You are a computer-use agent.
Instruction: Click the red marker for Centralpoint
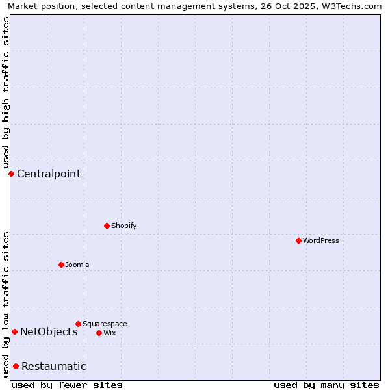click(x=11, y=174)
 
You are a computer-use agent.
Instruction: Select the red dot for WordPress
click(x=298, y=240)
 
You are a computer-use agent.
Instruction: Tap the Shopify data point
click(x=107, y=226)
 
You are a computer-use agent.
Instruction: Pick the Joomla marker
click(x=61, y=265)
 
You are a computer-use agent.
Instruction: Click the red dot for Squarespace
click(x=78, y=324)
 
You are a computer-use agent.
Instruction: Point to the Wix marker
click(x=99, y=333)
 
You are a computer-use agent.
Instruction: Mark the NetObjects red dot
click(x=14, y=331)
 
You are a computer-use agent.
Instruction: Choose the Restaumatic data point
click(x=16, y=366)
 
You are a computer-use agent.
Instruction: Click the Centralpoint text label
click(x=49, y=174)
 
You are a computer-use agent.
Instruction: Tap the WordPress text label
click(x=321, y=240)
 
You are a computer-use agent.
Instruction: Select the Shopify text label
click(x=124, y=226)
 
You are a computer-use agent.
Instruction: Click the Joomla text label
click(x=77, y=265)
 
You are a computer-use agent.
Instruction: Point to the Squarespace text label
click(x=105, y=324)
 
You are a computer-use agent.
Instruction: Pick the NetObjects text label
click(x=49, y=331)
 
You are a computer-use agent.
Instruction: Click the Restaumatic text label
click(x=54, y=366)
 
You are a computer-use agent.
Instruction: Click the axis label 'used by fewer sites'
click(x=67, y=385)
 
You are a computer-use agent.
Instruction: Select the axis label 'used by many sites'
click(x=326, y=385)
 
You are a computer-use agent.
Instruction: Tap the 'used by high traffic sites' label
click(x=6, y=92)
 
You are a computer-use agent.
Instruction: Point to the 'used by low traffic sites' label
click(x=6, y=304)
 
